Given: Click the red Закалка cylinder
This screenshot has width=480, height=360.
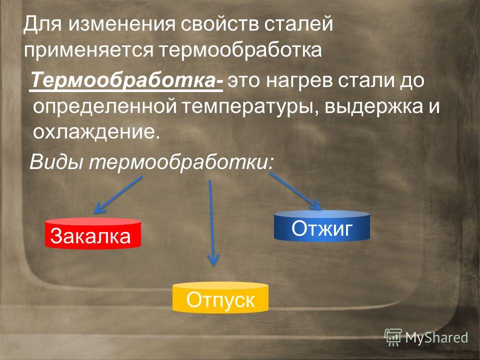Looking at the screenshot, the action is pos(93,233).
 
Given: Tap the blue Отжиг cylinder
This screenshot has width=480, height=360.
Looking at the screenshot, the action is pos(321,226).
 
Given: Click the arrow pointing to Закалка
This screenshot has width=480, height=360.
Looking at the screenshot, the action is pos(118,194).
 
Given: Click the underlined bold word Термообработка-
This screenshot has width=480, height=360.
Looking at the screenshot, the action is pos(127,80).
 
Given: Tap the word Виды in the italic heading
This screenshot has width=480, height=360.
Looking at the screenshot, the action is pos(56,161).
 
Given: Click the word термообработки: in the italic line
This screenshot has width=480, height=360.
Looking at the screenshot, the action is pos(181,162).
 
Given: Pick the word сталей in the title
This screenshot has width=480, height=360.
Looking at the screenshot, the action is pos(298,24).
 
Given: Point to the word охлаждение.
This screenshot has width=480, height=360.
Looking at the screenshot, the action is pos(96,132).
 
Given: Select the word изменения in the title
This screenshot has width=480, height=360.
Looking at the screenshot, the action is pos(121,24).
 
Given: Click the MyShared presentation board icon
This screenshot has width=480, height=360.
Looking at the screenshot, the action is pos(393,337).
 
